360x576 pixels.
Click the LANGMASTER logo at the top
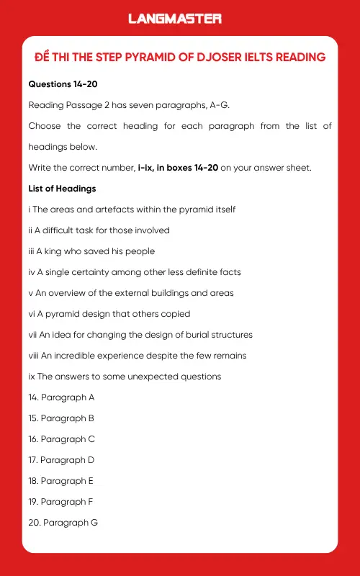(x=175, y=19)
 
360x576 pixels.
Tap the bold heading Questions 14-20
(x=63, y=84)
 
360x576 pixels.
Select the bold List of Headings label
(x=62, y=189)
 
